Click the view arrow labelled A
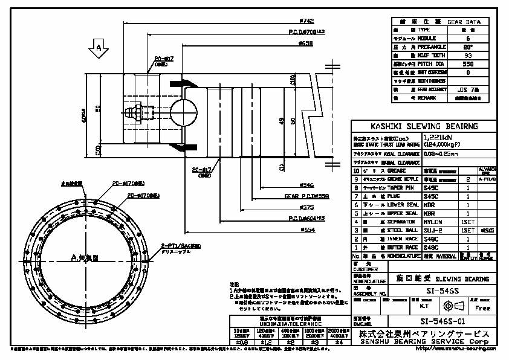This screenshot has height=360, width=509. [97, 48]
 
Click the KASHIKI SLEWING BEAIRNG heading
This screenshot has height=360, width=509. [424, 126]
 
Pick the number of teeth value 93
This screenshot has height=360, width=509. [465, 54]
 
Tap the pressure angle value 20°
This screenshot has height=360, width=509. [465, 46]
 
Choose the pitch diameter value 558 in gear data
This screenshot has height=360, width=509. [465, 63]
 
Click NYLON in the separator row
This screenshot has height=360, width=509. [433, 222]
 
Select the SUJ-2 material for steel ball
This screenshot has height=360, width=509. [433, 230]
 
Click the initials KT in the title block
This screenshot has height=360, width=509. [433, 306]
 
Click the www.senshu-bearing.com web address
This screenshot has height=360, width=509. [464, 349]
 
